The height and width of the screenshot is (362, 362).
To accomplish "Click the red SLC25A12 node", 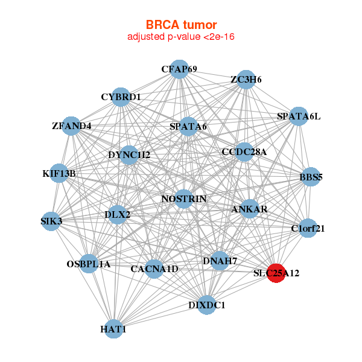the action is pos(276,273).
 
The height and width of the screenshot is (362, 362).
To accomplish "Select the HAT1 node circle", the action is pos(113,329).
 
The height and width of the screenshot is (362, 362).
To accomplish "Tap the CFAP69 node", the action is pos(179,69).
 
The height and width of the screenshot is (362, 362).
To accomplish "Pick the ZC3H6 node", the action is pos(245,80).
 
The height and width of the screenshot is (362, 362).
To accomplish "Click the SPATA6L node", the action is pos(298,116).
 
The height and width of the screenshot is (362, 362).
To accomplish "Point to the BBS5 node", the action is pos(310,177).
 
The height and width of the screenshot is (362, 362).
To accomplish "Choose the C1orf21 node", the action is pos(308,228).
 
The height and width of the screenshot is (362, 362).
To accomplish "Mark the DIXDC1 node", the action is pos(206,305).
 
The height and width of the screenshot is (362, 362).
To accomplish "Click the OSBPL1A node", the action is pos(89,264).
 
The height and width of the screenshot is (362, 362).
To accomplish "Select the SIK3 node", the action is pos(52,221).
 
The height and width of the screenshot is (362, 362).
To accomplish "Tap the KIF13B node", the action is pos(59,173).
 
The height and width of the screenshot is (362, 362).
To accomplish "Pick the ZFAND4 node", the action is pos(72,126).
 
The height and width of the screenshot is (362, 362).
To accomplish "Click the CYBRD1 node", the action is pos(121,97).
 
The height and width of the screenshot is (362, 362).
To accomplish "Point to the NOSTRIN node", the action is pos(184,198).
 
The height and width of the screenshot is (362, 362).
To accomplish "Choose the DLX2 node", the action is pos(117,214).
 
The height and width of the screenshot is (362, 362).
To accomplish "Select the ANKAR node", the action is pos(249,209).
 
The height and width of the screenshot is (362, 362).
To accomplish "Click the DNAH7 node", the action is pos(220,261).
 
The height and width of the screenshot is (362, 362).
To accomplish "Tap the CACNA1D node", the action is pos(154,268).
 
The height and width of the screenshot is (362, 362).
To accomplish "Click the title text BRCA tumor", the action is pos(181,25).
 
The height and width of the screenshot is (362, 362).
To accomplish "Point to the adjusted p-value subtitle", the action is pos(181,37).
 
